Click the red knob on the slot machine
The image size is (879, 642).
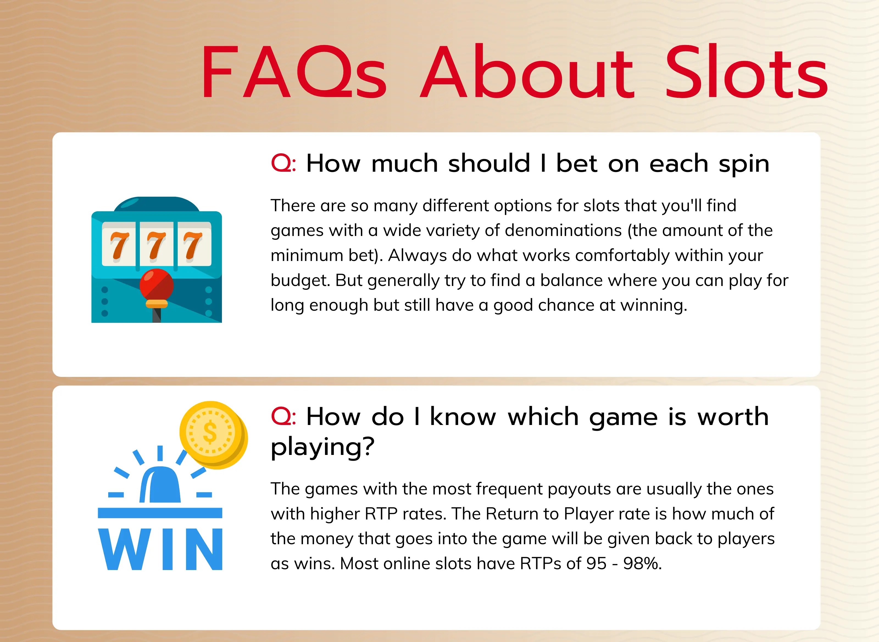coord(157,285)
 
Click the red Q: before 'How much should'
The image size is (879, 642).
coord(283,163)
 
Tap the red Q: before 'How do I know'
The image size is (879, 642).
coord(283,417)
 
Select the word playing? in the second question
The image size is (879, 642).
coord(322,447)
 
